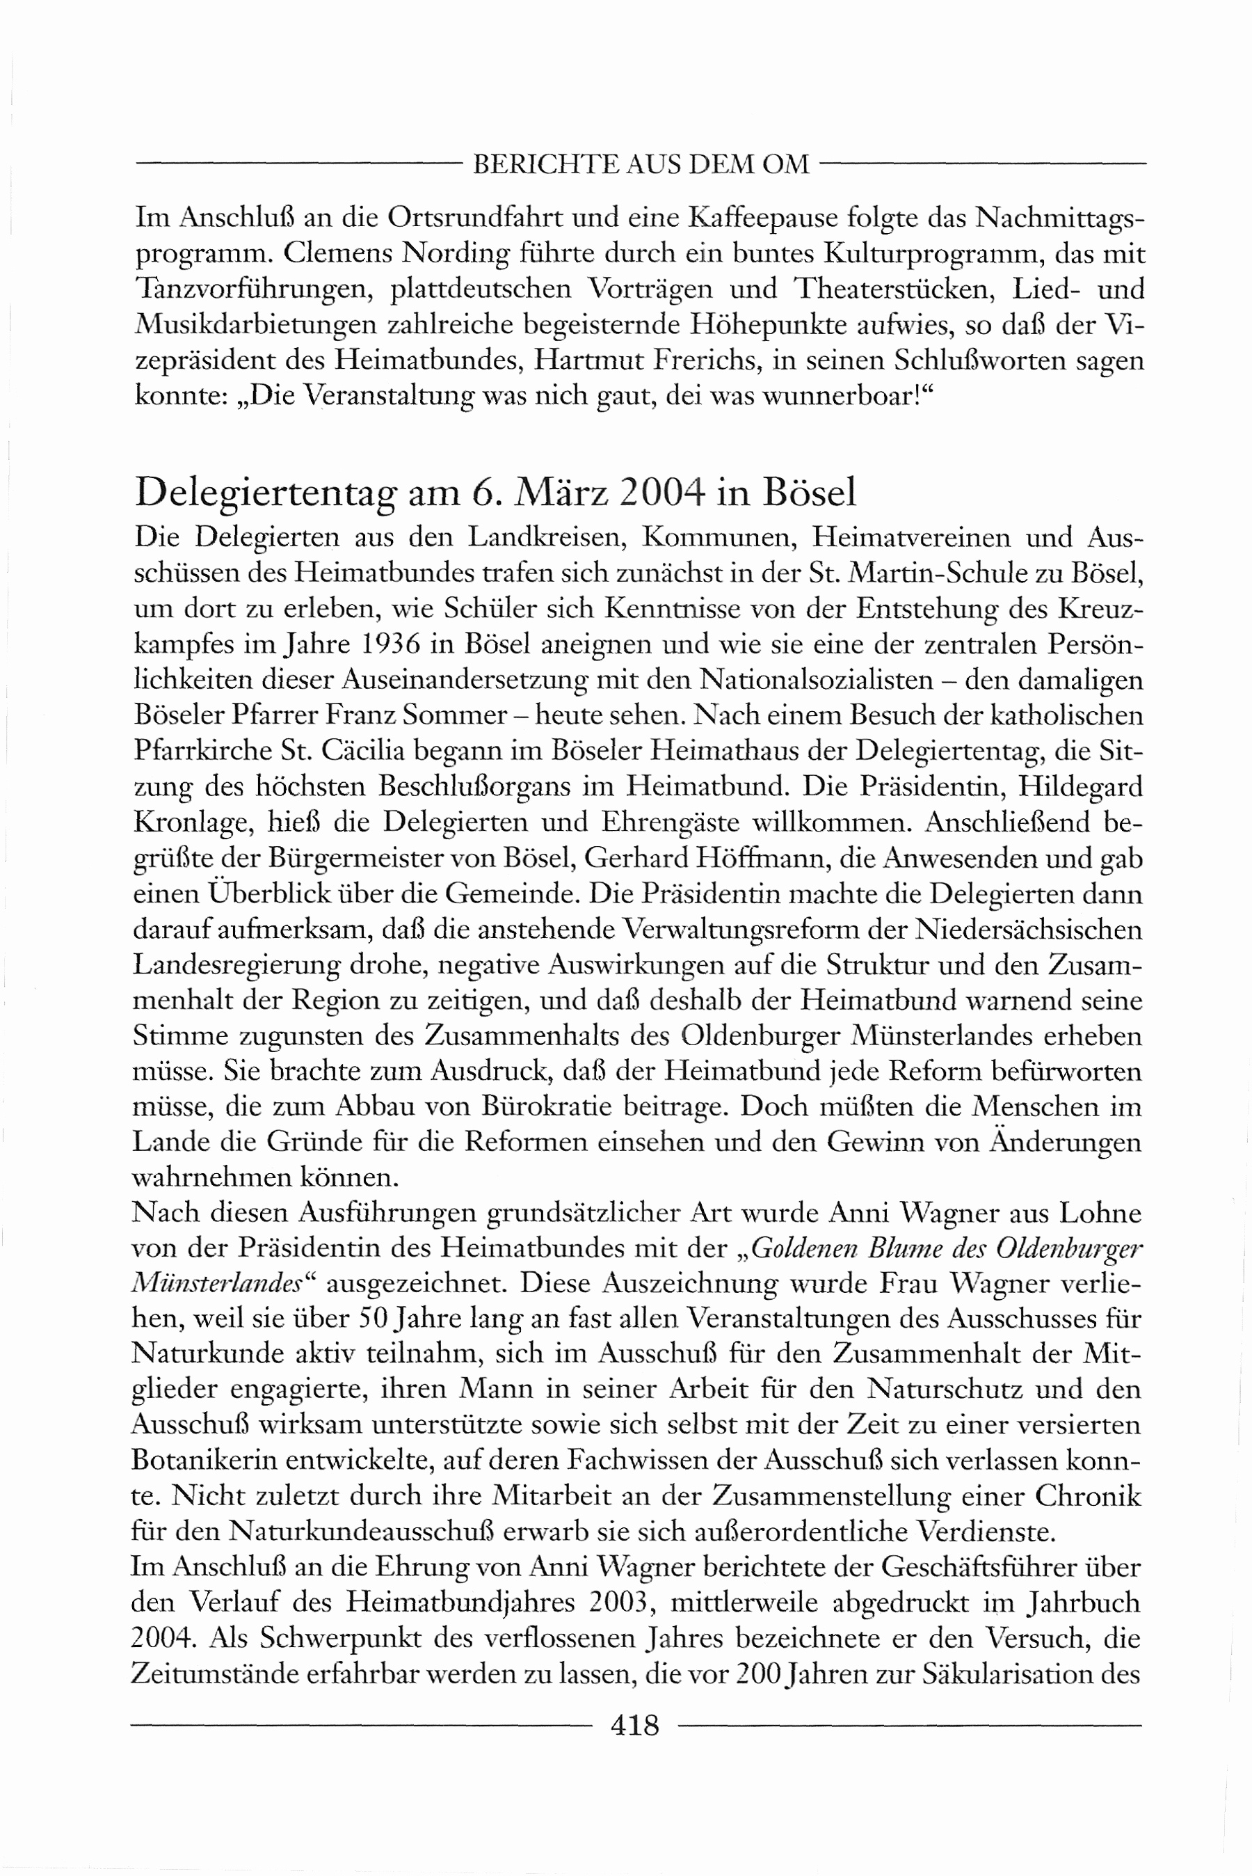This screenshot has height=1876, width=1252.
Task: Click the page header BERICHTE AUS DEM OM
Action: pos(641,164)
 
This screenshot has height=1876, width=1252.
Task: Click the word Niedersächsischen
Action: pos(1029,930)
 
